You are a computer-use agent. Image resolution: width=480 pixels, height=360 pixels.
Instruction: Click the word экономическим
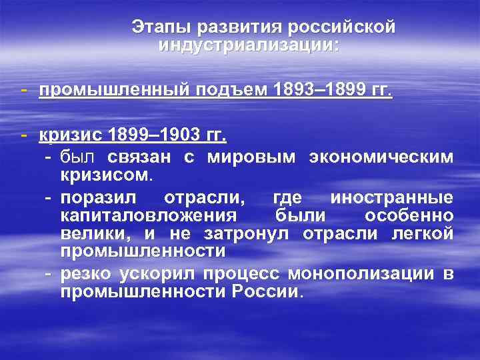381,157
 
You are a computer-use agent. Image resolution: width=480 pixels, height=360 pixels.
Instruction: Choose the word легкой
425,234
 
